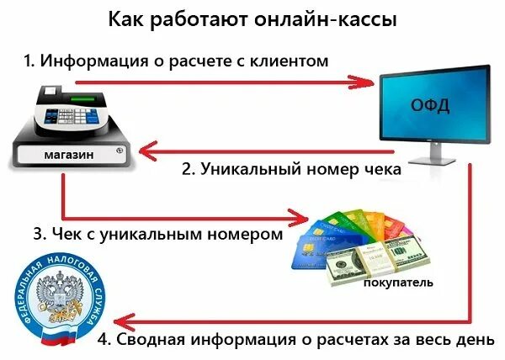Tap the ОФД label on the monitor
[429, 106]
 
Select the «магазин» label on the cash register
[69, 156]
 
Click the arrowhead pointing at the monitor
[364, 82]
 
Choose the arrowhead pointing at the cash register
[146, 152]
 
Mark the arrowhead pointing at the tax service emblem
[124, 320]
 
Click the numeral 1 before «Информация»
[27, 61]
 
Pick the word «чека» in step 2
[379, 168]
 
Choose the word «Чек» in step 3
[72, 234]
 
